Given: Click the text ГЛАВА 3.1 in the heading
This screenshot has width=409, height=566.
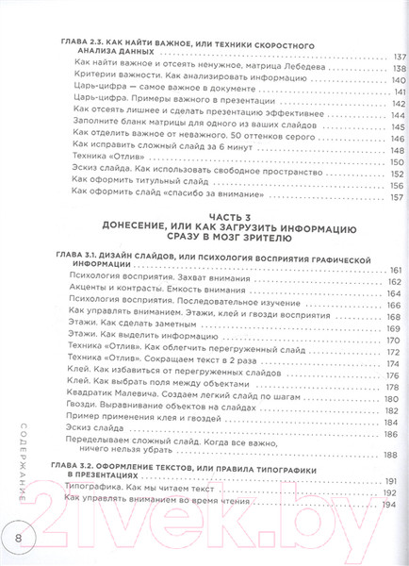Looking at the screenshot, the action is point(82,258).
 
